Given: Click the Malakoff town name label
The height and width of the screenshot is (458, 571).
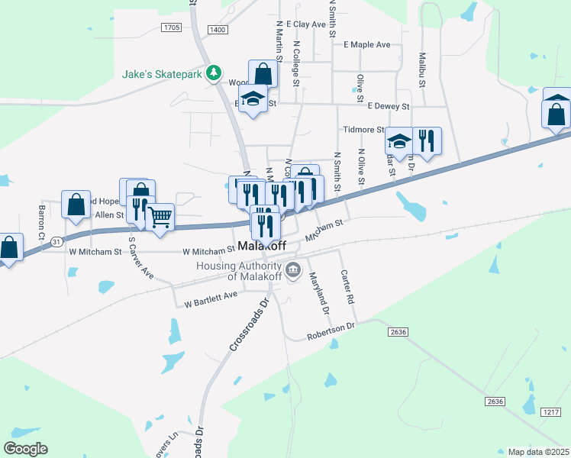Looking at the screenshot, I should coord(262,247).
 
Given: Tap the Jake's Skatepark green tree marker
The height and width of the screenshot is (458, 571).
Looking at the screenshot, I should coord(215,73).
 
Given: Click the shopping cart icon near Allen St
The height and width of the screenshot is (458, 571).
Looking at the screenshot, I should coord(160,218).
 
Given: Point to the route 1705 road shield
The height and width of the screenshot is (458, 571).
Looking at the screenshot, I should coord(171,27).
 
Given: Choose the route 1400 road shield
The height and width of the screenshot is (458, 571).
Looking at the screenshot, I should coord(217,29).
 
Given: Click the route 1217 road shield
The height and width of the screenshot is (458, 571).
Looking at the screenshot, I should coord(551,412).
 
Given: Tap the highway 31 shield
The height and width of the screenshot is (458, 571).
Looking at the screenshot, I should coord(56,242).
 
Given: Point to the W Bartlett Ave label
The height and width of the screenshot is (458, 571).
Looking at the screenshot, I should coord(211,298).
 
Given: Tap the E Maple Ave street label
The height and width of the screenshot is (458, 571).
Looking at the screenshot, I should coord(366,45).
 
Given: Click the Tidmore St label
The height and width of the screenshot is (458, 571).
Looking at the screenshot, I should coord(363,130).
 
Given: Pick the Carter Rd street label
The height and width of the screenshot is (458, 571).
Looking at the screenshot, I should coord(348,288).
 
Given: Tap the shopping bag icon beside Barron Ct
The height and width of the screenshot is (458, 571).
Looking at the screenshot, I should coord(76,204).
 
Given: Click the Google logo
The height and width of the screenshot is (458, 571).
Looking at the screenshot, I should coord(25,449).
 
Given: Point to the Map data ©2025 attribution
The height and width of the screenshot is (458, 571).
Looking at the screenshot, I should coord(538,452).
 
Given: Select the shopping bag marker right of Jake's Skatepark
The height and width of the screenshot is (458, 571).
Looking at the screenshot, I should coord(263,76).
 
